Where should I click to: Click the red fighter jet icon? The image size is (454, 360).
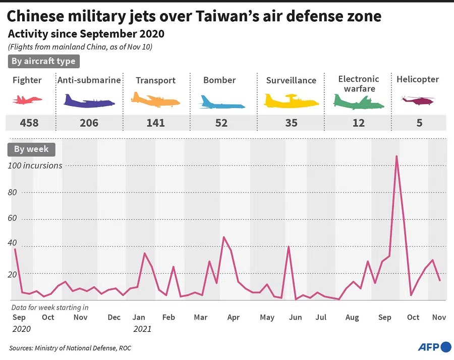[28, 100]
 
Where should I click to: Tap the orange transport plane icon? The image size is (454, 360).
[155, 100]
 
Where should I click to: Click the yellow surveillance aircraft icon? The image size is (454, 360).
[291, 101]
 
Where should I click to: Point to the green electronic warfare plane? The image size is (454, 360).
[358, 102]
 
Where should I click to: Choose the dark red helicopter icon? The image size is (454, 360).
[418, 101]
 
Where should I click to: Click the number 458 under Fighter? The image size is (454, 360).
[29, 123]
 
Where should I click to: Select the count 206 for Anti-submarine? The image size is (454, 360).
[89, 123]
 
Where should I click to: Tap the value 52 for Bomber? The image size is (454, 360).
[221, 123]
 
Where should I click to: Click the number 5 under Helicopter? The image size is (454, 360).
[419, 123]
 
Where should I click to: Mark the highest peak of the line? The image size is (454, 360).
[396, 156]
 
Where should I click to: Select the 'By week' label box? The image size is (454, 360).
[31, 149]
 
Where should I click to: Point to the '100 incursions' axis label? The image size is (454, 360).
[35, 165]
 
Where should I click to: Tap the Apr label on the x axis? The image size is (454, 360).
[233, 317]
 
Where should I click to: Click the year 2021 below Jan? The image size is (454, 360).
[142, 329]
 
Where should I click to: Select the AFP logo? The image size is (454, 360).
[434, 347]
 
